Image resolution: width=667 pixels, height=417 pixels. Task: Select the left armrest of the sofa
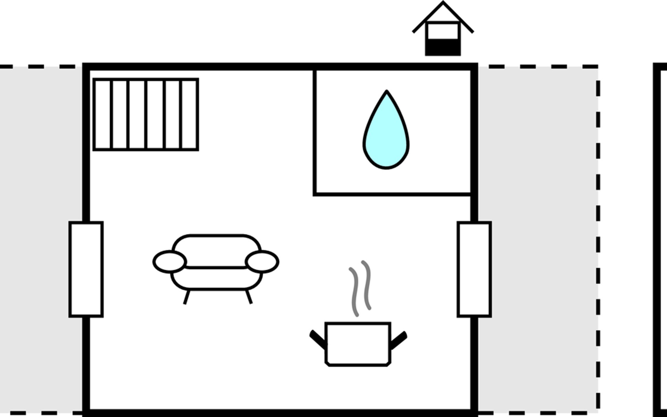point(170,262)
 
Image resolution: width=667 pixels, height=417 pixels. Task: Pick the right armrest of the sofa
point(262,262)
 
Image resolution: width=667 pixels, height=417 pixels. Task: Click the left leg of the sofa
point(187,297)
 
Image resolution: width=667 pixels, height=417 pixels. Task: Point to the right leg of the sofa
point(249,297)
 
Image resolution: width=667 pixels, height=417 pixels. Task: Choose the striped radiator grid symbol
point(146,115)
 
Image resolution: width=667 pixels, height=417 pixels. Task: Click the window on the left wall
point(86,269)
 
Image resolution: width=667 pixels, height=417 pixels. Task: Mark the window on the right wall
point(474,269)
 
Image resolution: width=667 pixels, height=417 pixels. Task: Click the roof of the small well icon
point(443,14)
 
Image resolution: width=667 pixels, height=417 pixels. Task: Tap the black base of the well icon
point(443,48)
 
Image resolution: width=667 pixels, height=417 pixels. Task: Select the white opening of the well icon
point(443,31)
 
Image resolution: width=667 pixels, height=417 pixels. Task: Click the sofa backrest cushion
point(216,250)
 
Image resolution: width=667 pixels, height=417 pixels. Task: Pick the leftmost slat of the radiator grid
point(103,115)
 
